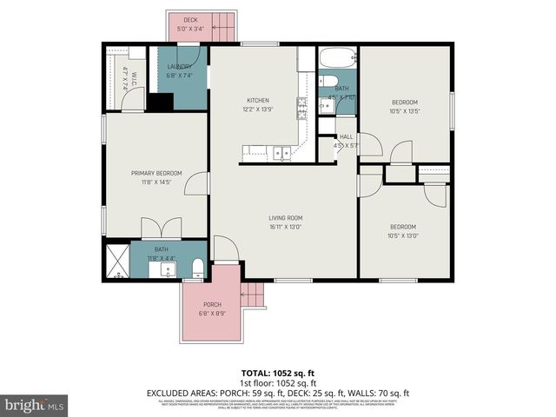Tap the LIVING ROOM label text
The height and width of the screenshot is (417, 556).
(x=285, y=217)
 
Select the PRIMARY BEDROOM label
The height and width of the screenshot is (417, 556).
(x=156, y=173)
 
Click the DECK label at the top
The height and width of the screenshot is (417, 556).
(x=189, y=19)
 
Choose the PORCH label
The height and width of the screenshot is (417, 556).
(x=212, y=304)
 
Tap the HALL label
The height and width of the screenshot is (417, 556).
(x=346, y=136)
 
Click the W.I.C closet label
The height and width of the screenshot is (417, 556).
(x=124, y=75)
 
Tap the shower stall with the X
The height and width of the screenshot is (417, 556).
(x=116, y=261)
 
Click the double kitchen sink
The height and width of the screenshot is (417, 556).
(x=281, y=155)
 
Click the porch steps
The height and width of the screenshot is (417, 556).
(x=251, y=295)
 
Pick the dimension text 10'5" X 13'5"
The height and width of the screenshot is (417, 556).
(x=404, y=110)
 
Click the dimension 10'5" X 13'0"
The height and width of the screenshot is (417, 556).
(x=403, y=235)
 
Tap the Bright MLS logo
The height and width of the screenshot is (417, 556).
(x=35, y=405)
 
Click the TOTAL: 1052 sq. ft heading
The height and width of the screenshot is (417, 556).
(x=278, y=373)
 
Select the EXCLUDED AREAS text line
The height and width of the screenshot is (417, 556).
(x=278, y=393)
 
